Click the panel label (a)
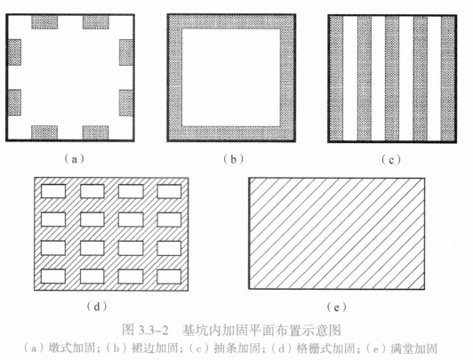[x=74, y=159]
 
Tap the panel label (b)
[x=233, y=159]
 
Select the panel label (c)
[x=391, y=159]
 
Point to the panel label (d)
[x=97, y=307]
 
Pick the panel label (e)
[x=336, y=308]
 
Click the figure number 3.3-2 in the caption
[x=153, y=331]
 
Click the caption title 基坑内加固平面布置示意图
[x=261, y=331]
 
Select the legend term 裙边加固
[x=155, y=348]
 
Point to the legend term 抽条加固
[x=236, y=348]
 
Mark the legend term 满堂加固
[x=414, y=348]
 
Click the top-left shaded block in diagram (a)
[x=44, y=22]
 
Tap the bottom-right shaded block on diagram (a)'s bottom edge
[x=96, y=132]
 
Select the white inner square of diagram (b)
[x=231, y=77]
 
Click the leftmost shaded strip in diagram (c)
[x=336, y=78]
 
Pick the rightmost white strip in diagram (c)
[x=435, y=78]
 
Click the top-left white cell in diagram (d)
[x=53, y=191]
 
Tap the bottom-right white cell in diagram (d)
[x=169, y=276]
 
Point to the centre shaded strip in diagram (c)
[x=392, y=78]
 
